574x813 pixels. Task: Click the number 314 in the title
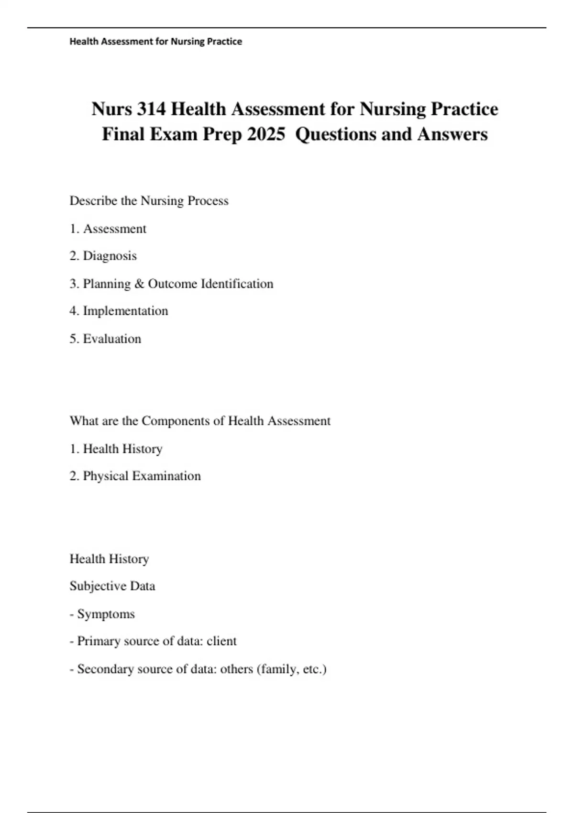click(152, 110)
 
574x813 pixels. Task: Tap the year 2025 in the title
click(266, 135)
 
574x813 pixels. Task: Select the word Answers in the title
click(452, 135)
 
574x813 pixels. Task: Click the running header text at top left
click(156, 42)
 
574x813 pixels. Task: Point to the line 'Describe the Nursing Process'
click(149, 201)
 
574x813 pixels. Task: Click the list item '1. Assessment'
click(108, 229)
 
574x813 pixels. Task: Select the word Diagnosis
click(110, 256)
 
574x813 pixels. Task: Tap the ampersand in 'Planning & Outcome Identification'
click(139, 284)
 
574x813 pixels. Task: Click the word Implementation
click(125, 311)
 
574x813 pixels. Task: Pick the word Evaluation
click(112, 339)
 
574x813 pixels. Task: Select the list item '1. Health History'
click(116, 449)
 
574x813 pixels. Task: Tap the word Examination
click(166, 476)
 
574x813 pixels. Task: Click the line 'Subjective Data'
click(112, 586)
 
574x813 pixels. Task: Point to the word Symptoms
click(106, 614)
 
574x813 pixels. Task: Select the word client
click(221, 641)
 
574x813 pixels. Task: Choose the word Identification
click(237, 284)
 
